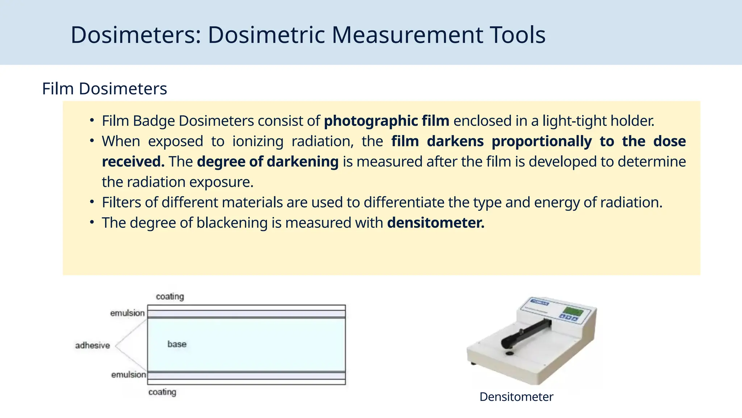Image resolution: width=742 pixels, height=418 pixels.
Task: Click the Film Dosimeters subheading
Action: pyautogui.click(x=104, y=89)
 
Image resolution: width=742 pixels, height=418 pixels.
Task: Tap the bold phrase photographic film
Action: pyautogui.click(x=386, y=121)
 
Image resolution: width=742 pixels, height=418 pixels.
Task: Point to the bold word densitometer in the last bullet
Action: pyautogui.click(x=435, y=223)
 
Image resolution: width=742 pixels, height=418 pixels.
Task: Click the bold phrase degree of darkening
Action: pyautogui.click(x=268, y=162)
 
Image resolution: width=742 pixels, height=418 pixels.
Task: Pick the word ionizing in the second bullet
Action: pyautogui.click(x=258, y=142)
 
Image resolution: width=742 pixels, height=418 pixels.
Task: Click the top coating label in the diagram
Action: pyautogui.click(x=170, y=296)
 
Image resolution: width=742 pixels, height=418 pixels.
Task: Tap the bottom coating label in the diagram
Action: pyautogui.click(x=162, y=392)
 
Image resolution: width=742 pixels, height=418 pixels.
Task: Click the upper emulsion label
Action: pyautogui.click(x=128, y=313)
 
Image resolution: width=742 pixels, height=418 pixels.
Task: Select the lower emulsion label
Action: pyautogui.click(x=129, y=374)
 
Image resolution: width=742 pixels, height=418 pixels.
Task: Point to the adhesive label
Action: pyautogui.click(x=92, y=345)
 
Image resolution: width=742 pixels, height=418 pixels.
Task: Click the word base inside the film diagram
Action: pyautogui.click(x=177, y=344)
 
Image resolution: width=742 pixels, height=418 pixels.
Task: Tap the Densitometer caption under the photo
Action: pyautogui.click(x=516, y=397)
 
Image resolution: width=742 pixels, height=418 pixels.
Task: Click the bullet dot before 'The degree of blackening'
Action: pyautogui.click(x=92, y=222)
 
